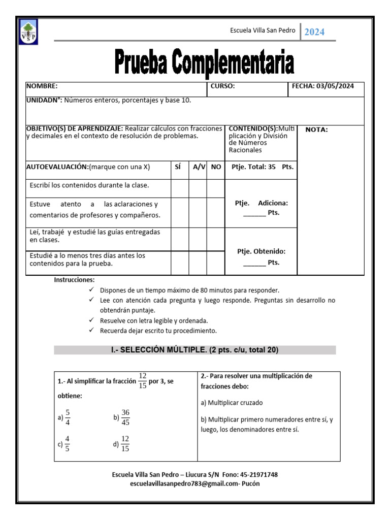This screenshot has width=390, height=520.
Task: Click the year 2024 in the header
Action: click(x=314, y=32)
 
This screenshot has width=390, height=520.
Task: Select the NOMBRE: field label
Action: click(x=42, y=86)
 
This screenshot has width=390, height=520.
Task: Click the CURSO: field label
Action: click(x=222, y=86)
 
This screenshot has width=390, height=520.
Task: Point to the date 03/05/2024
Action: click(x=335, y=86)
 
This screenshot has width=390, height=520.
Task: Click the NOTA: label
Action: click(x=316, y=129)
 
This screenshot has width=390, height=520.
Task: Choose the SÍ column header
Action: click(x=177, y=167)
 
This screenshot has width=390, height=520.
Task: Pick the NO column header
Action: click(x=216, y=167)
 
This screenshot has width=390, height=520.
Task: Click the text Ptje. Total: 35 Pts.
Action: click(x=262, y=167)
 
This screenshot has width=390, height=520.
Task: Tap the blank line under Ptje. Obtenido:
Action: click(x=254, y=264)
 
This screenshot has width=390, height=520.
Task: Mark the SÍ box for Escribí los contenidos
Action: click(x=179, y=188)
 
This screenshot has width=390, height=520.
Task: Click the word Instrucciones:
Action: click(x=74, y=280)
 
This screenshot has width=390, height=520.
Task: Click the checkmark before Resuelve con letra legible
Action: click(x=91, y=321)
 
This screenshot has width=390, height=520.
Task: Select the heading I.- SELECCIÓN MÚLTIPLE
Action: click(x=194, y=350)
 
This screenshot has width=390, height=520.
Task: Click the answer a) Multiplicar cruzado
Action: click(x=232, y=403)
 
